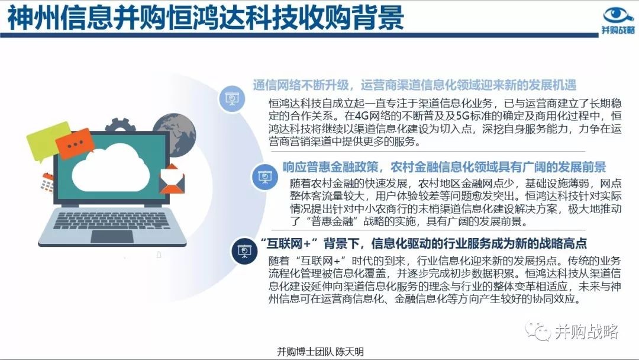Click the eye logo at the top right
618,15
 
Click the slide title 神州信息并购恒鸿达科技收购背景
206,18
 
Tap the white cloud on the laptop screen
111,168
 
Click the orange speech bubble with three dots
74,143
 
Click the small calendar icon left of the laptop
47,182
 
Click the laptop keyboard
111,220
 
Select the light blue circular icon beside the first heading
232,99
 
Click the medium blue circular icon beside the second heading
265,176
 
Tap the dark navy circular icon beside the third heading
244,251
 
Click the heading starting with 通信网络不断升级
414,85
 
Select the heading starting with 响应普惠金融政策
444,167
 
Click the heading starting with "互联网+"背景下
424,243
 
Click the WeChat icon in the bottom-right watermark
538,331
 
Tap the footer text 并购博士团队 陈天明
320,352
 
